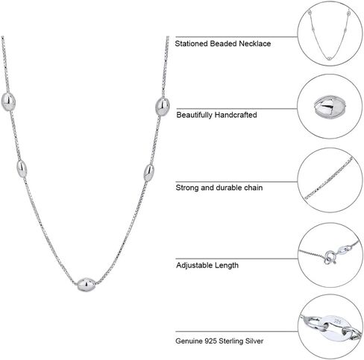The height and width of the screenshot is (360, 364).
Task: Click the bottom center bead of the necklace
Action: (86, 285)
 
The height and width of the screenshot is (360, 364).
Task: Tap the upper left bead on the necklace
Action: (8, 101)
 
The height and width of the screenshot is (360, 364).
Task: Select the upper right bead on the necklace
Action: (163, 107)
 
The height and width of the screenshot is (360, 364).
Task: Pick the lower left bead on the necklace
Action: (22, 168)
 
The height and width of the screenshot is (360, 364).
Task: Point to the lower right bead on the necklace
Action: (149, 173)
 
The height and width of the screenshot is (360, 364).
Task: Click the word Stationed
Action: (191, 44)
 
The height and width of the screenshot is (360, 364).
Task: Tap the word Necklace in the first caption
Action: (255, 44)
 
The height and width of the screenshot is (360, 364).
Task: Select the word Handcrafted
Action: (236, 115)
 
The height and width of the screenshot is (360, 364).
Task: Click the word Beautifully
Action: (195, 115)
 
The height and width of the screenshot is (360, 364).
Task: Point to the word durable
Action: (229, 188)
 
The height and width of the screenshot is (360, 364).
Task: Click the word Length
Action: (227, 265)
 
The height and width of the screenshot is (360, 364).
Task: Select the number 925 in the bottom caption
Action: (211, 341)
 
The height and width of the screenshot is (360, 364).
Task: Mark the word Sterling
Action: (231, 341)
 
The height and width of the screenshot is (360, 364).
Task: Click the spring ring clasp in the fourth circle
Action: (330, 257)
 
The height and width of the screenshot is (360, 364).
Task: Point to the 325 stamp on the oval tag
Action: (338, 322)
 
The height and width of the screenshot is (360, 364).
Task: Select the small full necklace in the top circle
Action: (329, 34)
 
